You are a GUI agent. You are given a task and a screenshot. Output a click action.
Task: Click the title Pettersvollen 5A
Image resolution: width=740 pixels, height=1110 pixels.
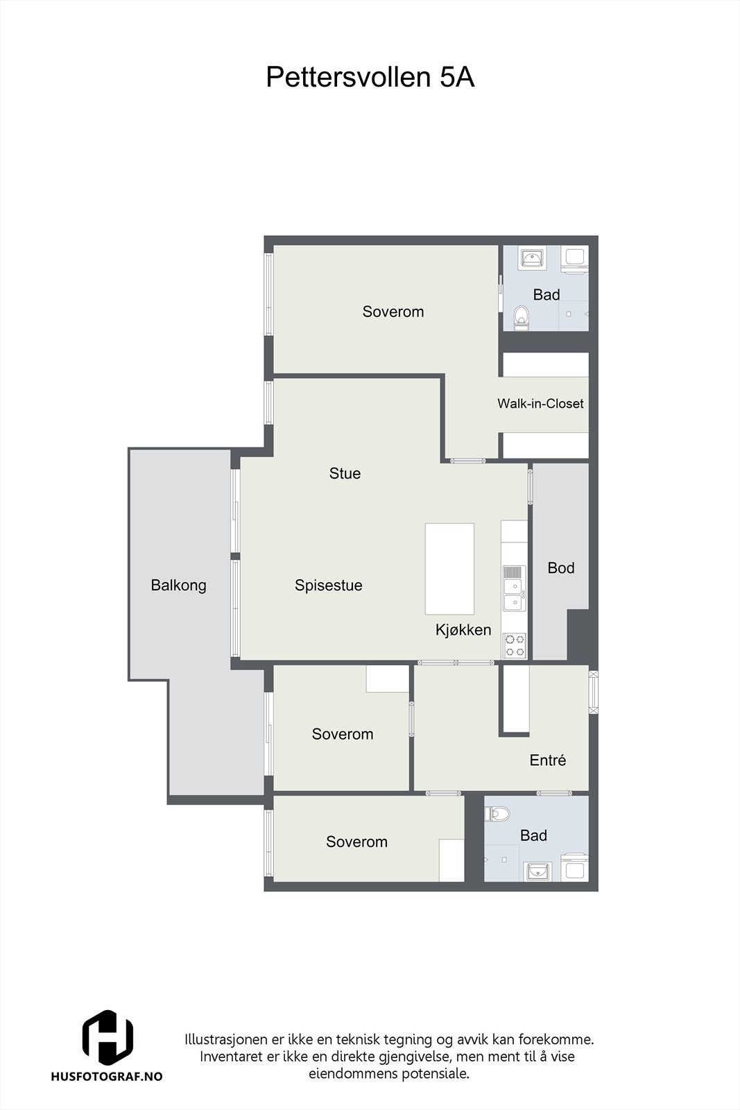(370, 78)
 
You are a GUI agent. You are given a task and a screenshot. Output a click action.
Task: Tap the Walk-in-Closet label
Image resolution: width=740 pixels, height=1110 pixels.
(540, 404)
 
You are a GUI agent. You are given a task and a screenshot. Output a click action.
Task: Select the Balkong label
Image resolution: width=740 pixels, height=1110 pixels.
(178, 586)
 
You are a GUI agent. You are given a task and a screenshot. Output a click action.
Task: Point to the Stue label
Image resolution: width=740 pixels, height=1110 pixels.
(345, 474)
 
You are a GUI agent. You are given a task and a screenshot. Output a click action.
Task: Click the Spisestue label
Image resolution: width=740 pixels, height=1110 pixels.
(328, 586)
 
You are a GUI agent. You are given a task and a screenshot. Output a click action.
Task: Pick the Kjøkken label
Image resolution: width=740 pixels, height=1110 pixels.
(463, 630)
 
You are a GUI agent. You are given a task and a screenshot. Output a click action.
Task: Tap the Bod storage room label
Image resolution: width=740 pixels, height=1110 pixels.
(561, 568)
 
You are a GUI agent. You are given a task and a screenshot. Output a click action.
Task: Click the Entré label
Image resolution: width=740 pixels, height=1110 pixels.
(547, 760)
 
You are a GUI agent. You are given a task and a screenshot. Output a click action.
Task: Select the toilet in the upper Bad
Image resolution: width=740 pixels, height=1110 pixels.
(522, 318)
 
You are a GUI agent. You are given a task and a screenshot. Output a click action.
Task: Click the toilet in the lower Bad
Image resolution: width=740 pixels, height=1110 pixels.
(498, 813)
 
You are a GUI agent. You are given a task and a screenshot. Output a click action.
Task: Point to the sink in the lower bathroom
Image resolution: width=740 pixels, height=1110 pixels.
(538, 870)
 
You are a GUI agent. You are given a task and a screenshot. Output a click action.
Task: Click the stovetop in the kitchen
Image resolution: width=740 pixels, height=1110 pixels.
(515, 645)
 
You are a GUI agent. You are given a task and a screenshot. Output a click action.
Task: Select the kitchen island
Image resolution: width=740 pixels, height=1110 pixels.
(449, 569)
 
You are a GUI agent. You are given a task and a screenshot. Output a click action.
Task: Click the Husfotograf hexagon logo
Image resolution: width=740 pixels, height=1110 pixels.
(107, 1037)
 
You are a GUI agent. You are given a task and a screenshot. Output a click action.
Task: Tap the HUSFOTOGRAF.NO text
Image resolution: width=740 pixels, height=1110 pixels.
(107, 1076)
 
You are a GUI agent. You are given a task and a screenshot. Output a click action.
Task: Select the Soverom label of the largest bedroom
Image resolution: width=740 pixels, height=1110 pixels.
(393, 312)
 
